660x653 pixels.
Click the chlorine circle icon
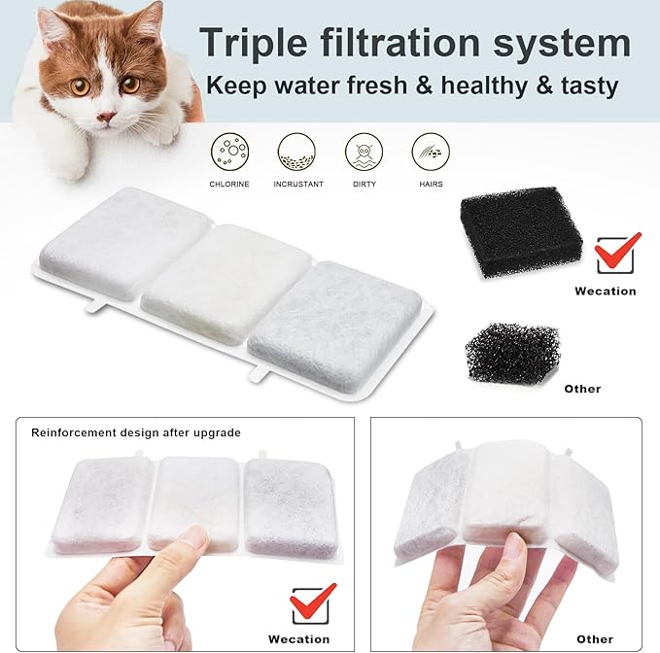pyautogui.click(x=228, y=152)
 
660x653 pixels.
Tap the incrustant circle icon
pyautogui.click(x=296, y=152)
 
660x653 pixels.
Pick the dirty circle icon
pyautogui.click(x=364, y=152)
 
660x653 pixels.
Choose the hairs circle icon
pyautogui.click(x=431, y=152)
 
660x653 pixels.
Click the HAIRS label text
pyautogui.click(x=431, y=184)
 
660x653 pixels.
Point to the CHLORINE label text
pyautogui.click(x=228, y=184)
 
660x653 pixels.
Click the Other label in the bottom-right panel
pyautogui.click(x=594, y=638)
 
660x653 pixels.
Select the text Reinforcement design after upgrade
pyautogui.click(x=135, y=432)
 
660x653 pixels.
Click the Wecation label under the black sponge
pyautogui.click(x=605, y=291)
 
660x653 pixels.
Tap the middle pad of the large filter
pyautogui.click(x=229, y=281)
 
